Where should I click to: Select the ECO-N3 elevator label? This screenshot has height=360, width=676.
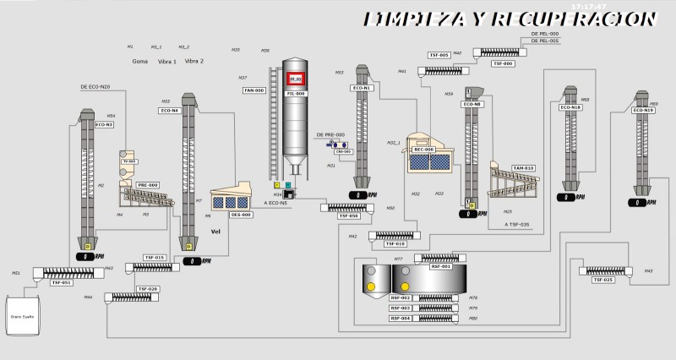[104, 124]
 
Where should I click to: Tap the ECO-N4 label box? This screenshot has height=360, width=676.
[170, 111]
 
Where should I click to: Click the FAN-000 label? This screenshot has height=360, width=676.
[254, 90]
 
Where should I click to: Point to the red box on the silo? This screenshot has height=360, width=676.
[295, 79]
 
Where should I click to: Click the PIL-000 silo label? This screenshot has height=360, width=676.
[295, 94]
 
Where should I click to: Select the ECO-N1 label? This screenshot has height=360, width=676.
[362, 88]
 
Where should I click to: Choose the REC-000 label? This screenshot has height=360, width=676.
[423, 150]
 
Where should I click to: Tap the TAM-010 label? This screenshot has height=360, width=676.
[524, 168]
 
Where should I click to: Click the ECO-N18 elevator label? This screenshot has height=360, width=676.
[571, 107]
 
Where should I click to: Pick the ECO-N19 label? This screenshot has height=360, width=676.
[644, 110]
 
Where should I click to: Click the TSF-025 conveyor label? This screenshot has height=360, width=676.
[603, 280]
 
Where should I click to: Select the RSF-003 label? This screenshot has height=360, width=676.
[401, 308]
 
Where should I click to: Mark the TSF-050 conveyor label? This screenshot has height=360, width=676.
[349, 216]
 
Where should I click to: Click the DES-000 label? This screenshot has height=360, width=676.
[242, 215]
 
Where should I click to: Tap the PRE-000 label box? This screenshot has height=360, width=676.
[149, 184]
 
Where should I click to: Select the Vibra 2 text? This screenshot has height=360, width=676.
[194, 61]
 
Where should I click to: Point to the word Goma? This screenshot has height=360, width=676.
[140, 61]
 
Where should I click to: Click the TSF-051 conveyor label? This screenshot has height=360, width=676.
[62, 282]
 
